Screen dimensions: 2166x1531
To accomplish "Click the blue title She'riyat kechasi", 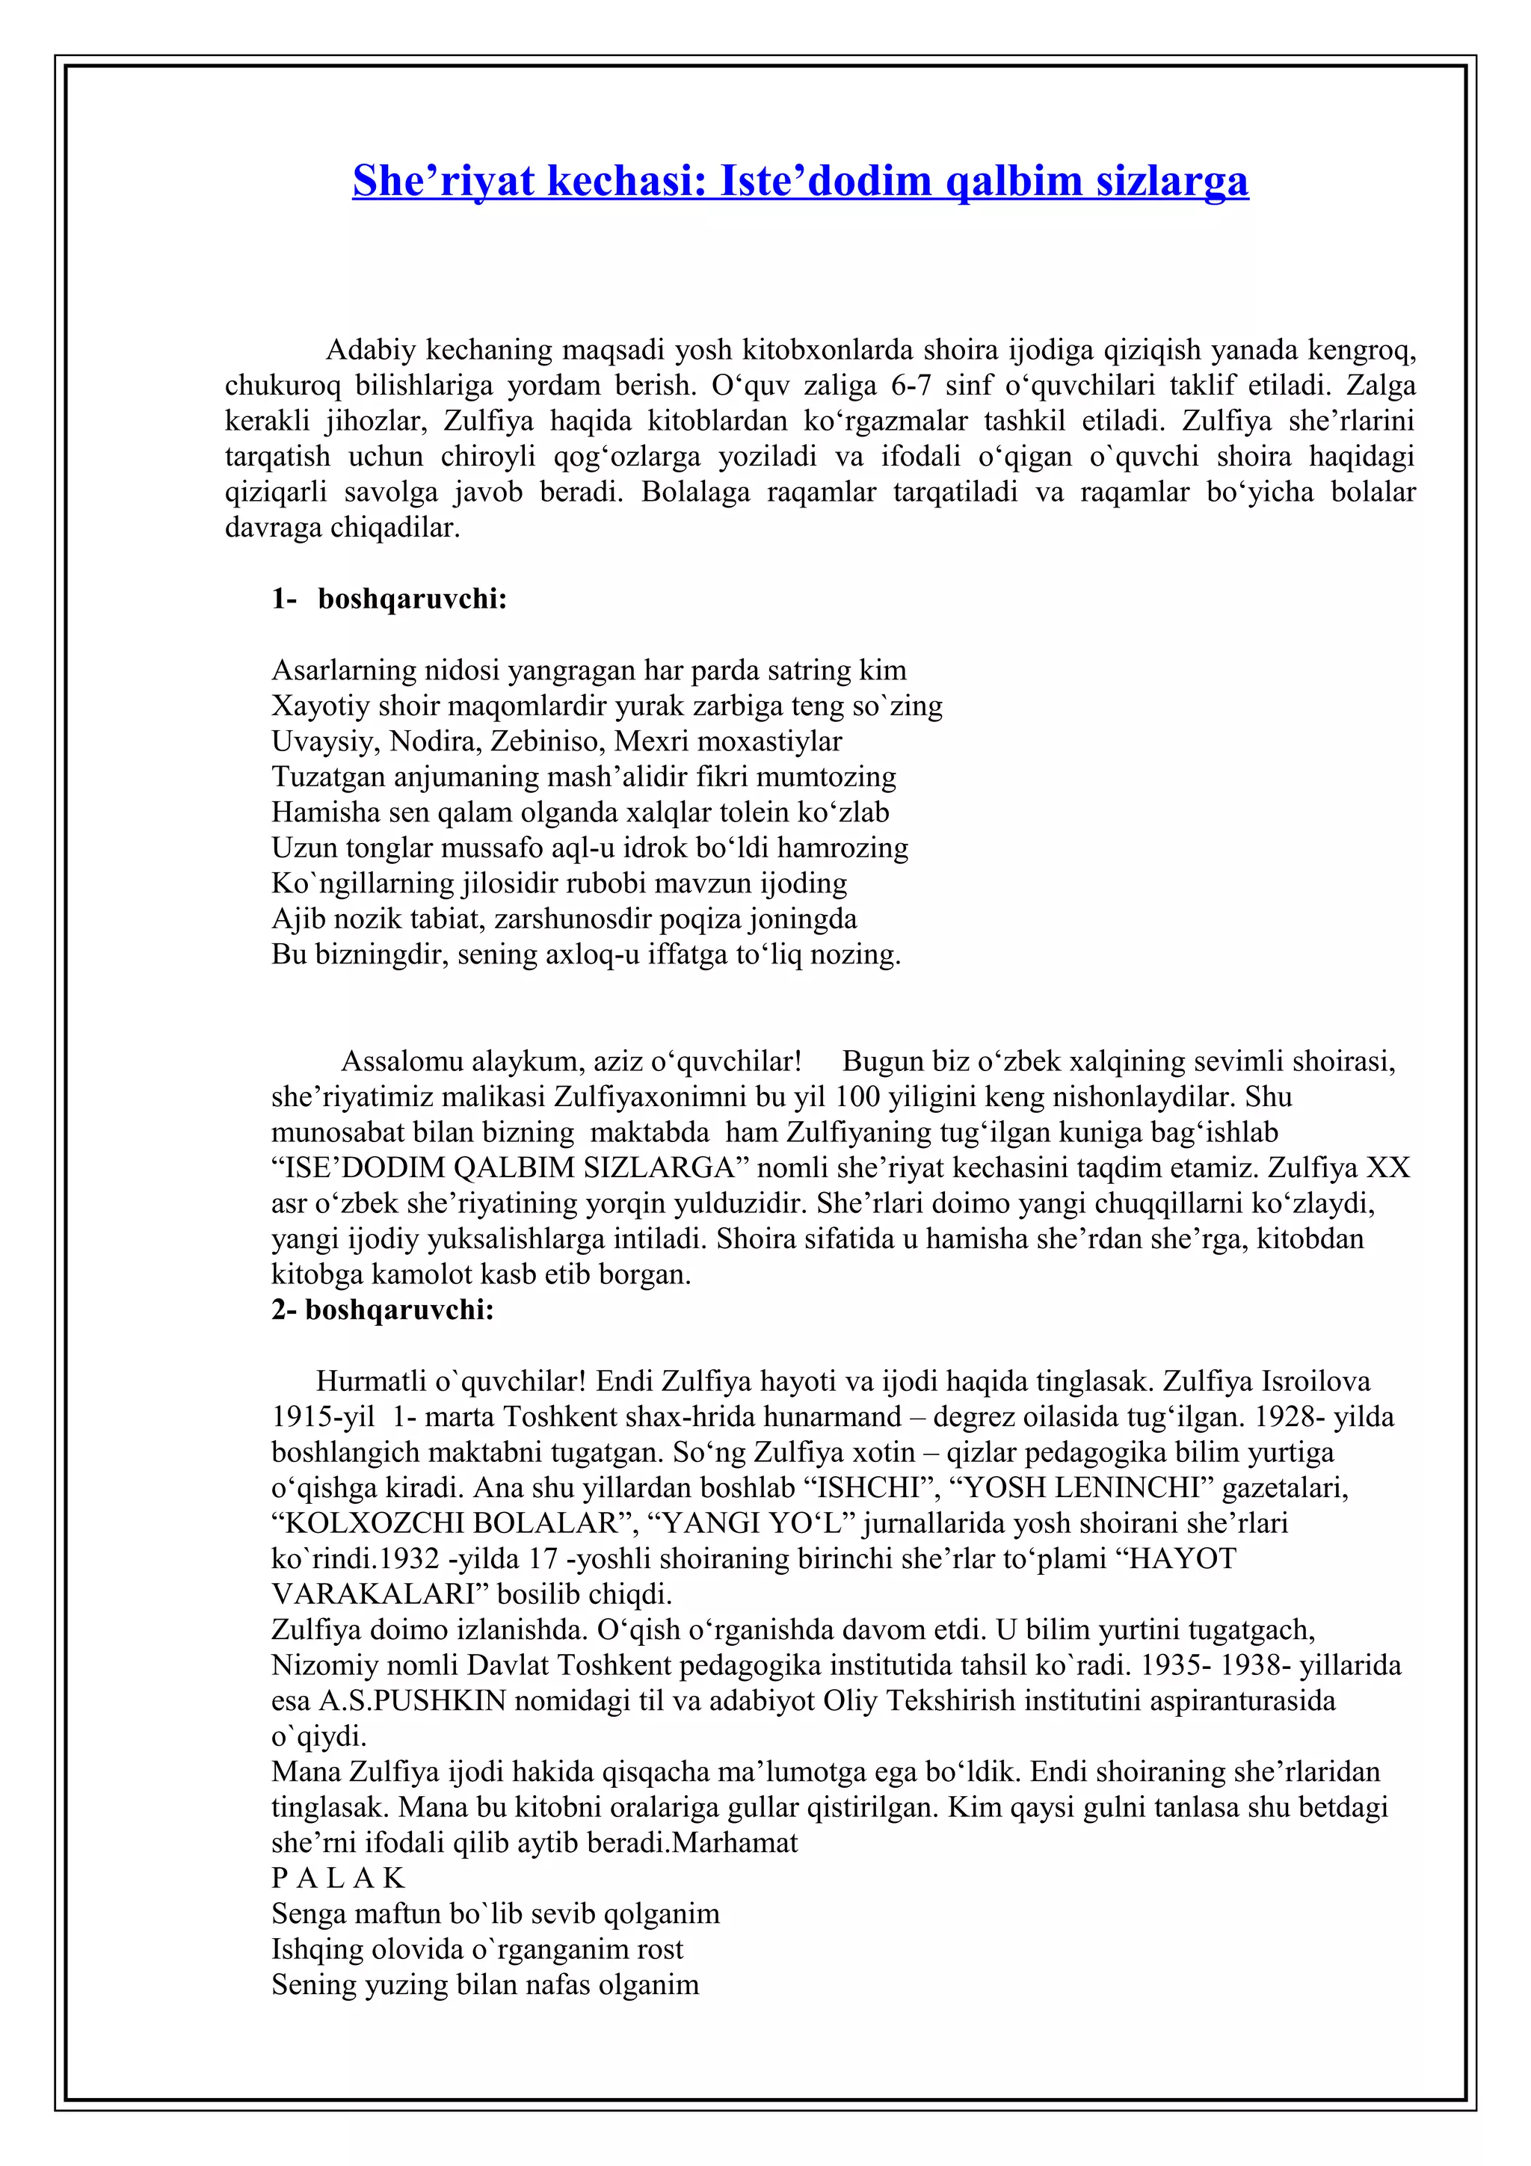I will [800, 180].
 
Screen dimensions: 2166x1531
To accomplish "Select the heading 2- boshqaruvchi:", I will [383, 1309].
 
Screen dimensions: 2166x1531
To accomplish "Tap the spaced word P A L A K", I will [338, 1877].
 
